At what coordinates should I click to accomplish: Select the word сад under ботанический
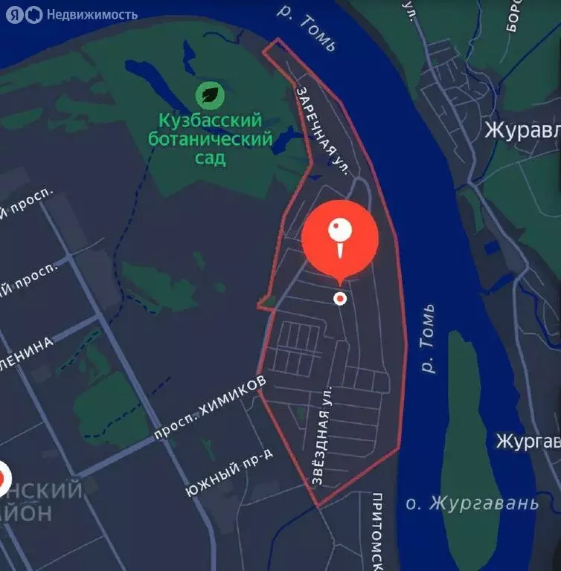(211, 158)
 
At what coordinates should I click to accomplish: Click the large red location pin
(340, 239)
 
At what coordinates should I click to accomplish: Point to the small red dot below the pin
(340, 298)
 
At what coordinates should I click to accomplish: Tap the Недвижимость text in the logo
(92, 14)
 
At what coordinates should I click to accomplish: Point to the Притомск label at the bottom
(376, 532)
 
